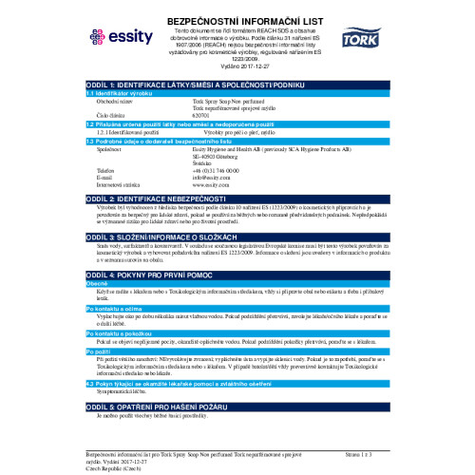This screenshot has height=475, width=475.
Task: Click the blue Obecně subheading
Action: coord(98,283)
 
